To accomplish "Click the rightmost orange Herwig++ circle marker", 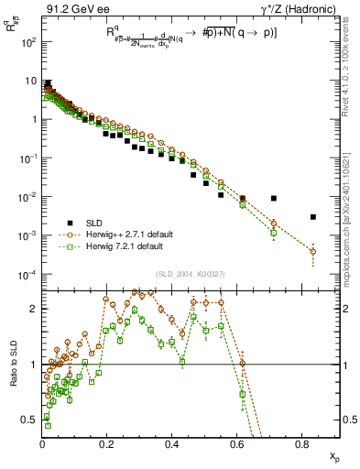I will [313, 251].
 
